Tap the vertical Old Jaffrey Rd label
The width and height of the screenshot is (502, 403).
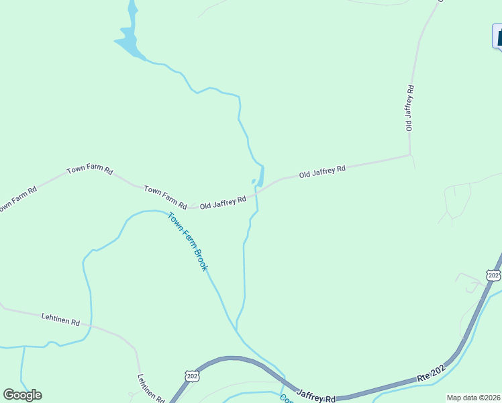[x=409, y=107]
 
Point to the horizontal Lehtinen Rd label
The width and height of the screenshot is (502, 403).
[x=60, y=319]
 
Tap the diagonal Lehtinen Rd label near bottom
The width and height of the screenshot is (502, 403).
[x=151, y=388]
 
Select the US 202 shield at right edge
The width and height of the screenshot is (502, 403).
[x=493, y=276]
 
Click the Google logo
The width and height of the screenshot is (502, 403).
[x=22, y=394]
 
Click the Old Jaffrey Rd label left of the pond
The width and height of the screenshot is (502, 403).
[x=223, y=201]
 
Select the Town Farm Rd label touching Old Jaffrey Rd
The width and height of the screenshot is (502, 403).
[x=165, y=195]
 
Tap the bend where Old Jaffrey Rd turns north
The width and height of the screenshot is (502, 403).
[x=409, y=155]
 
